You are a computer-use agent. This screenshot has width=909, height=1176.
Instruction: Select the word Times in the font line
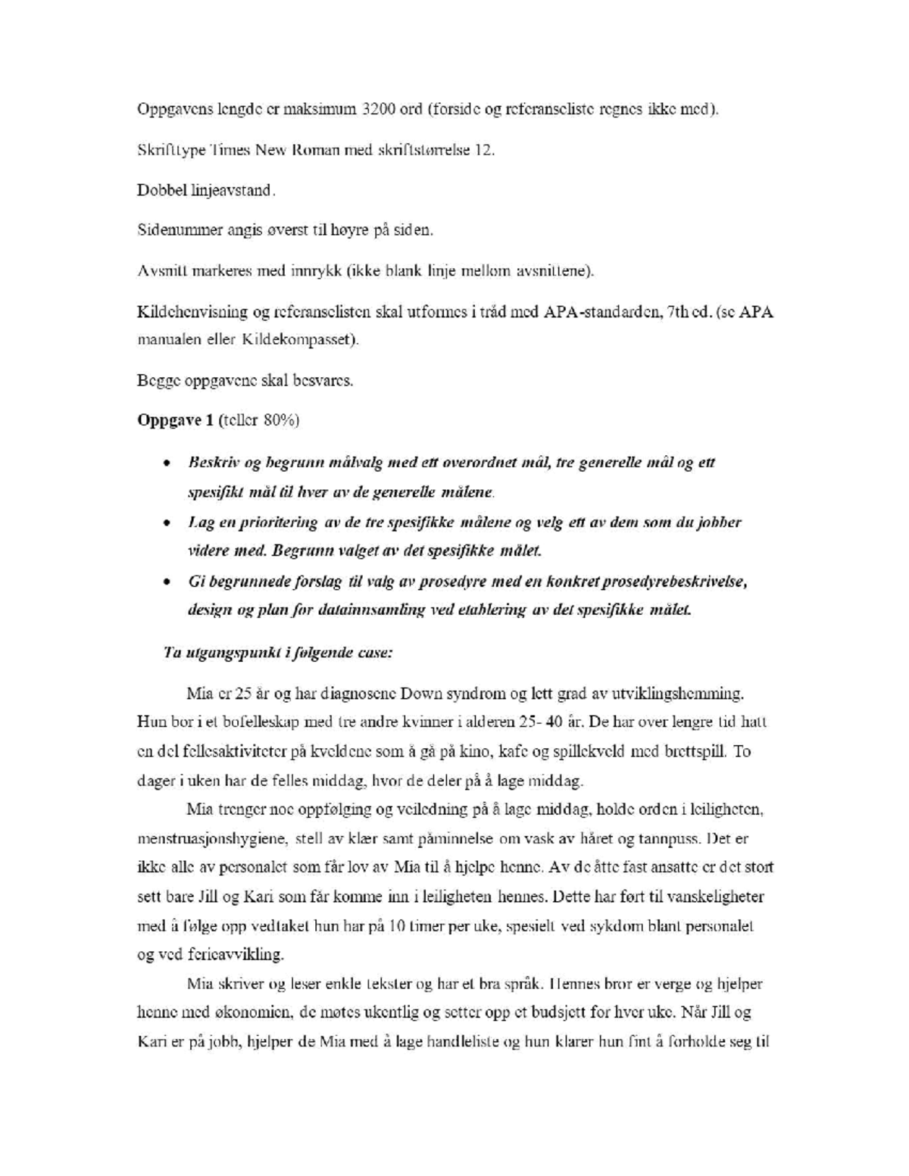click(x=230, y=150)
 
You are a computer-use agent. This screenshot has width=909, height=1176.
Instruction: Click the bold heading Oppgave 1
click(x=175, y=420)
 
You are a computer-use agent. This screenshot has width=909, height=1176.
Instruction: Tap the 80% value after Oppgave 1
click(x=280, y=420)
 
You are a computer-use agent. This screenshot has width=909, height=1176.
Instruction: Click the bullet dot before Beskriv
click(x=166, y=463)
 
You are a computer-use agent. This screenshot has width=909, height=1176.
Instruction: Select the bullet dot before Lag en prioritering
click(x=166, y=522)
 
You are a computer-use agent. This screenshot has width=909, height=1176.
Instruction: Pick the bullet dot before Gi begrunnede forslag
click(x=166, y=582)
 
